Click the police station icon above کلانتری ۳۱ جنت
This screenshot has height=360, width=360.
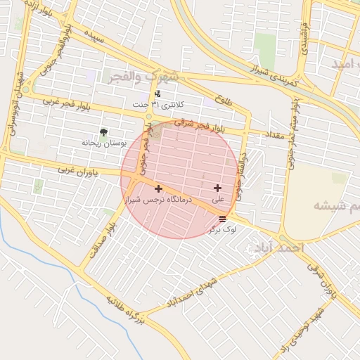point(157,94)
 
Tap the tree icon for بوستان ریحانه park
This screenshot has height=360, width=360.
point(104,131)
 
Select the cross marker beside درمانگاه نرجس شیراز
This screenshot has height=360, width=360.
point(158,188)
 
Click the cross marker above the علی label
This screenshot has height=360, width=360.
point(217,188)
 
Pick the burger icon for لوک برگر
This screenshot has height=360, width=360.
point(222,219)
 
